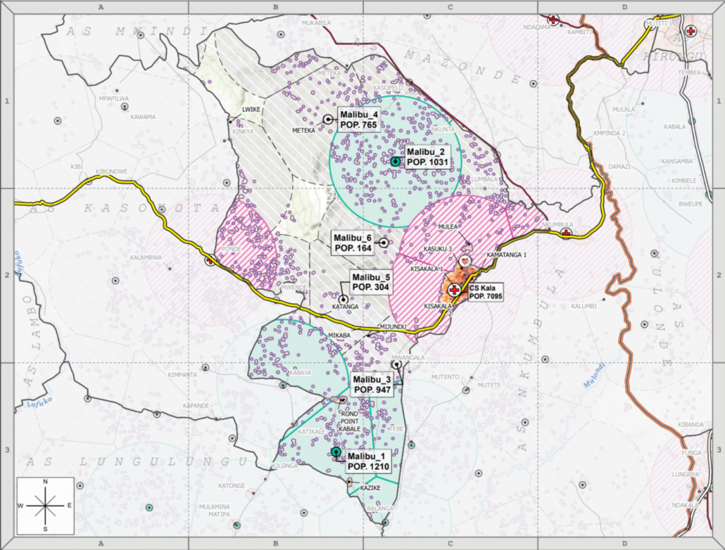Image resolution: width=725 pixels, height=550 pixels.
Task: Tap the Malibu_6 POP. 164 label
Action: click(353, 243)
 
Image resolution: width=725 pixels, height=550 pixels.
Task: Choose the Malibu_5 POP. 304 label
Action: click(371, 283)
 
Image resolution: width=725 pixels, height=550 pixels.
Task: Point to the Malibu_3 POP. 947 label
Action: click(372, 384)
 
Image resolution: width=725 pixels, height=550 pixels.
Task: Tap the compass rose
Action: click(45, 505)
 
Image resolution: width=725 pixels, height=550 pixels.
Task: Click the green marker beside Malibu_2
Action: click(396, 161)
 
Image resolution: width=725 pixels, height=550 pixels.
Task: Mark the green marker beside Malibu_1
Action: click(336, 452)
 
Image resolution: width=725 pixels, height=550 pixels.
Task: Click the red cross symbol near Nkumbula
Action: click(565, 233)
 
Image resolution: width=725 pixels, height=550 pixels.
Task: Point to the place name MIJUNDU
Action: click(393, 327)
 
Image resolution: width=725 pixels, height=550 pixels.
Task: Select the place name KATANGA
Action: click(346, 307)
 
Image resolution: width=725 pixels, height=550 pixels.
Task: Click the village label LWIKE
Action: click(251, 110)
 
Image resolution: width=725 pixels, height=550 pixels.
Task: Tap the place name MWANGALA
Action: click(408, 357)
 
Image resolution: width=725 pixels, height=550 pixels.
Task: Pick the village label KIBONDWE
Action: click(111, 172)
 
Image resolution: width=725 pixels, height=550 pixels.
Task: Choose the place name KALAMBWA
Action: click(146, 257)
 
